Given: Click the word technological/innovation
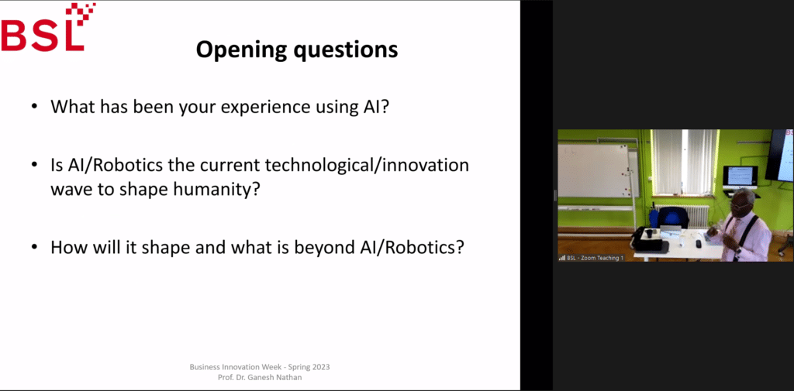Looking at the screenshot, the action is click(357, 166).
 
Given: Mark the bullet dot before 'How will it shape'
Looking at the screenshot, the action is click(34, 247).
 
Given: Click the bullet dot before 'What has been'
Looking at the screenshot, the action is click(34, 107).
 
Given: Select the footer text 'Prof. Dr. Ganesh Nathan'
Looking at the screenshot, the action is click(260, 377).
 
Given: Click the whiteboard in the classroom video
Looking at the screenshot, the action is click(593, 170).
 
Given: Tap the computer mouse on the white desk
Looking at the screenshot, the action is click(699, 244).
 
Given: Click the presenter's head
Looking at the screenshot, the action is click(744, 201).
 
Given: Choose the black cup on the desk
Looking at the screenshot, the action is click(648, 233).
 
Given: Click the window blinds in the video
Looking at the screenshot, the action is click(684, 162).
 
